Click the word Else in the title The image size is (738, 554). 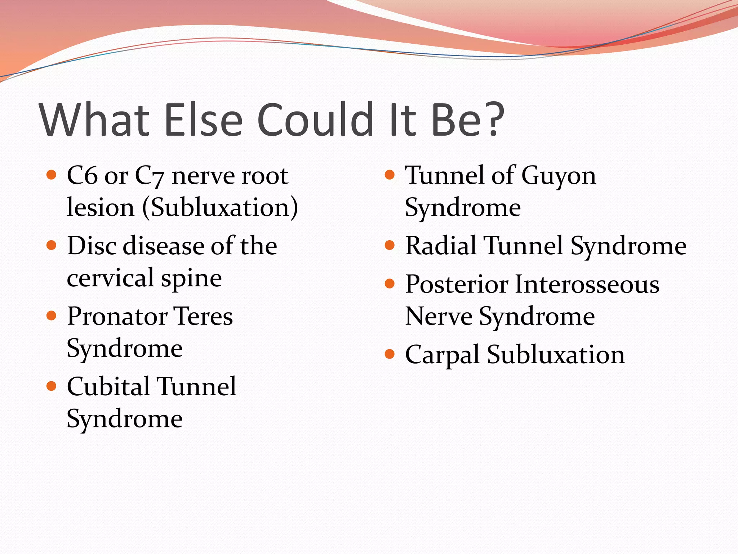[x=203, y=120]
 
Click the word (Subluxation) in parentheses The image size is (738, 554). [x=220, y=208]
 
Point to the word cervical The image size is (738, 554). [x=111, y=278]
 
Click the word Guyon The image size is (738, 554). [x=559, y=176]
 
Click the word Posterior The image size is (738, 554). [x=457, y=284]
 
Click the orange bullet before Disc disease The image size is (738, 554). [x=52, y=246]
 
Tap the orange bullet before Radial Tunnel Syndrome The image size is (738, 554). [x=390, y=246]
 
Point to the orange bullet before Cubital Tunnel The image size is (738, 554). [x=52, y=386]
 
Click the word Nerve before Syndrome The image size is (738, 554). [x=439, y=316]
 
